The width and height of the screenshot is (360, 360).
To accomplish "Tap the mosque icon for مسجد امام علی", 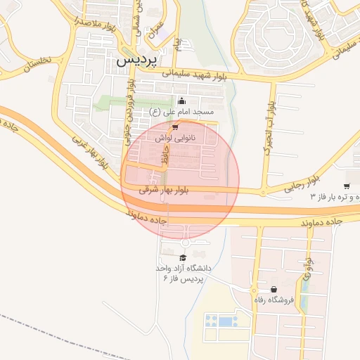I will coord(182,100).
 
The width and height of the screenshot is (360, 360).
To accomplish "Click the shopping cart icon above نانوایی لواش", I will coord(175,127).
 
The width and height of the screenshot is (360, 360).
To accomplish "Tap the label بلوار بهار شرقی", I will coord(165,190).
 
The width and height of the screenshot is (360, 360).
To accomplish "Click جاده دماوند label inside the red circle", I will coord(146,217).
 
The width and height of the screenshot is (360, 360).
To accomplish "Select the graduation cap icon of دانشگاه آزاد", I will coord(184,257).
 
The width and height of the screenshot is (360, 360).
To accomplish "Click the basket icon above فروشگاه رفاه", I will coord(273,290).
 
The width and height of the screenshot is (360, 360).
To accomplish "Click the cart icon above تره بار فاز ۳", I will coord(347,186).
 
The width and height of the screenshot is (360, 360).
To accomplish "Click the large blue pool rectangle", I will coord(225,321).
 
